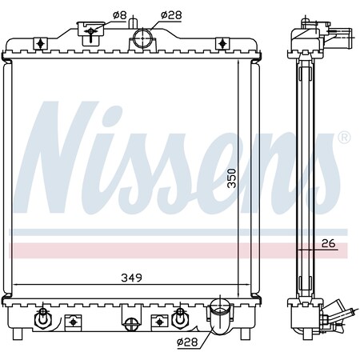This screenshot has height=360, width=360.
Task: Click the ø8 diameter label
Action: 119,15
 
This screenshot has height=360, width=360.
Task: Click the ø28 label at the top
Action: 171,15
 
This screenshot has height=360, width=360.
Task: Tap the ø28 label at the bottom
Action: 187,342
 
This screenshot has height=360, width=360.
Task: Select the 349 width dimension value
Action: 131,278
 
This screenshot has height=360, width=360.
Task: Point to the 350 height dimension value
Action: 232,178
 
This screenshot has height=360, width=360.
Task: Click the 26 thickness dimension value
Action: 328,243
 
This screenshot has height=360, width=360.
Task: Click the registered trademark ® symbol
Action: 344,137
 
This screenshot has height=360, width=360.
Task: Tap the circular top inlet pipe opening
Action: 142,38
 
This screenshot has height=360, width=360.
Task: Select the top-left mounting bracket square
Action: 40,44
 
